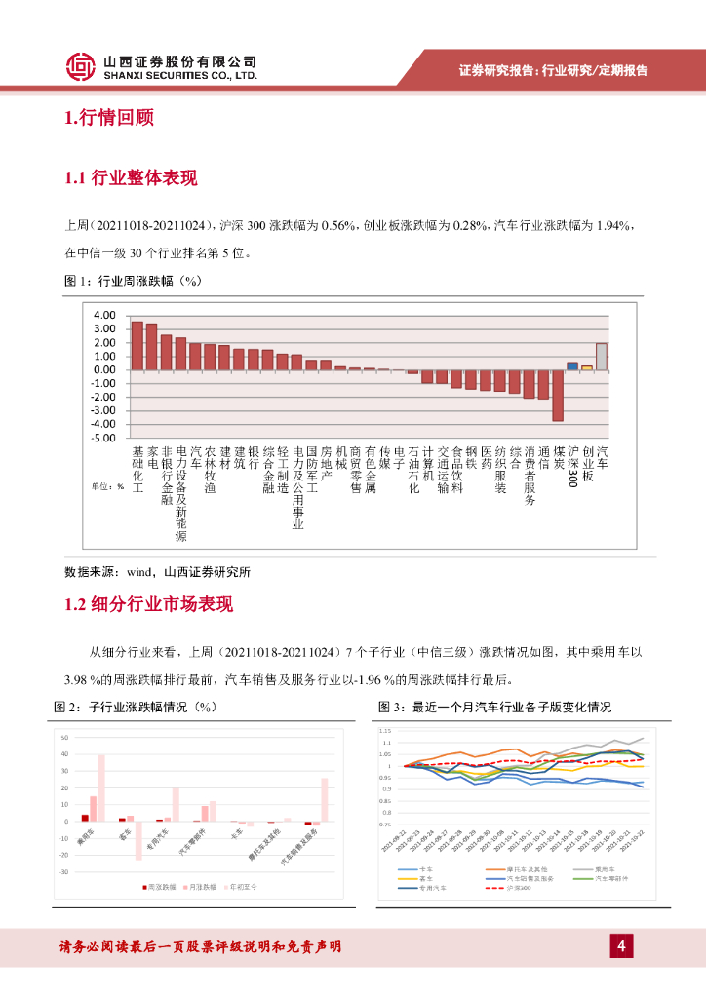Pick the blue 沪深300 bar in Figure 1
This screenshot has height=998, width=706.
[x=572, y=365]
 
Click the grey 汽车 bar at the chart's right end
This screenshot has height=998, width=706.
[x=602, y=357]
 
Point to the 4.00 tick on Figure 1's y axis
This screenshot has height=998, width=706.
[x=104, y=316]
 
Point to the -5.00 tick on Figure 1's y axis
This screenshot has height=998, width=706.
[x=102, y=439]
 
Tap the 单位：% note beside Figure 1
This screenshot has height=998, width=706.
[x=107, y=486]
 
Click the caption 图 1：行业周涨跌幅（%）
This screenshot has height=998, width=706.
[x=132, y=281]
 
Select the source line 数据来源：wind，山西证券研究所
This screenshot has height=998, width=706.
[x=157, y=572]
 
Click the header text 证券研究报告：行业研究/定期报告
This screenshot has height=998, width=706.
[x=553, y=70]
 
